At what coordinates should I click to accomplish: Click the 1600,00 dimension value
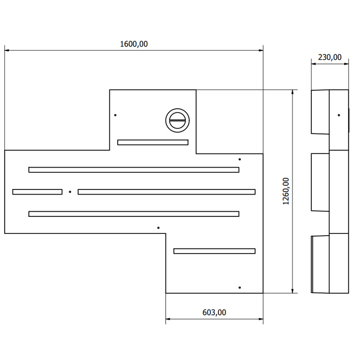134,44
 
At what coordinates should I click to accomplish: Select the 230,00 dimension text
330,57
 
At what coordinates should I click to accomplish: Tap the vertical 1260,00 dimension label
286,191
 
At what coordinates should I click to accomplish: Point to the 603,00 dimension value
214,312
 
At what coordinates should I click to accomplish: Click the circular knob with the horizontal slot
177,120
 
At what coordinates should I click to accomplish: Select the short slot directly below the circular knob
153,142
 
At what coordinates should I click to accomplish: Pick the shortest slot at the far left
37,192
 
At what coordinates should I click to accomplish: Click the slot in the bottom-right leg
214,251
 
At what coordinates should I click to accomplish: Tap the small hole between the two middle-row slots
70,192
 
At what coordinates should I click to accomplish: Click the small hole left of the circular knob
115,115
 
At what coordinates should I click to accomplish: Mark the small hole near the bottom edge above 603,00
240,288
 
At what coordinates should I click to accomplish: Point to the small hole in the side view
339,115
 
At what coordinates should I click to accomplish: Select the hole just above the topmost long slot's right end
240,159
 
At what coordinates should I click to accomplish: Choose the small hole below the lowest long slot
158,228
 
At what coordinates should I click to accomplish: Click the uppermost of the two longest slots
134,170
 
